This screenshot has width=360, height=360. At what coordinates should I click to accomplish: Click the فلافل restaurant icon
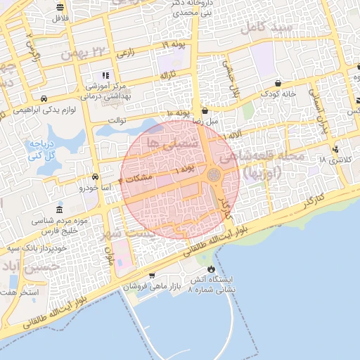(x=59, y=8)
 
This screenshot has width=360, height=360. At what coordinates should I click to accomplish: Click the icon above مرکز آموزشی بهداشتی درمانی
(x=105, y=75)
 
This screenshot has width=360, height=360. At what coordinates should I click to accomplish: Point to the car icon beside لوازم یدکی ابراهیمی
(x=44, y=99)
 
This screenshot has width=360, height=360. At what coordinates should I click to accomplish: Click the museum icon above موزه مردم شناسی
(x=58, y=210)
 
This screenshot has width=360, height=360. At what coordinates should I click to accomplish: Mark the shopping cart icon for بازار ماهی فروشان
(x=152, y=276)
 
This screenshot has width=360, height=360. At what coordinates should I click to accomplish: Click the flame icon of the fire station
(x=211, y=269)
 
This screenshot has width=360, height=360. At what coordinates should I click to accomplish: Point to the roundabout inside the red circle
(x=213, y=174)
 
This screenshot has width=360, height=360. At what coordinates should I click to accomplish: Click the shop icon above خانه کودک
(x=278, y=82)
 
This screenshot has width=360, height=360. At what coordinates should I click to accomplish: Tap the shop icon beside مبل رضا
(x=205, y=110)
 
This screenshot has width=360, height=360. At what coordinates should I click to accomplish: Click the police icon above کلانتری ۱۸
(x=336, y=149)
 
